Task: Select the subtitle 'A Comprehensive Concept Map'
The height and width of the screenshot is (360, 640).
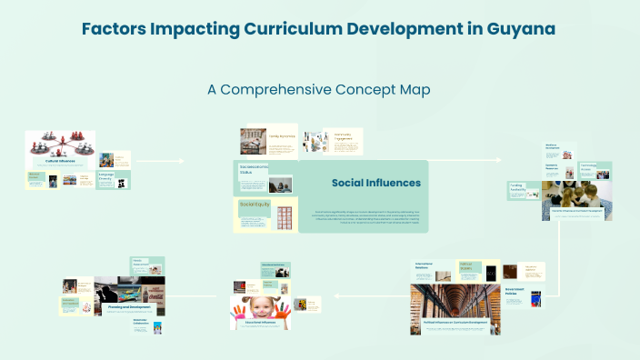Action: point(318,90)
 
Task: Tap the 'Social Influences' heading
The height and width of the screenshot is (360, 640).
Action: point(375,183)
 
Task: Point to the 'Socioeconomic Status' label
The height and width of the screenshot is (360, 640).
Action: point(252,170)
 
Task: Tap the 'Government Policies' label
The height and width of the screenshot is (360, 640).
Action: point(515,293)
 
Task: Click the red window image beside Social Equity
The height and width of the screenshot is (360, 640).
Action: point(284,216)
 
